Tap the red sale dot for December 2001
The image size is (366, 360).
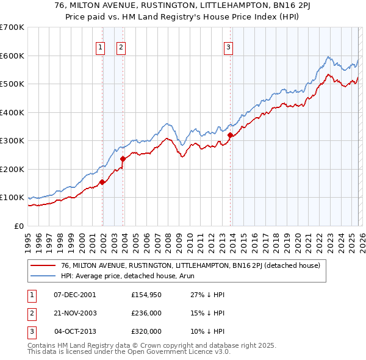[102, 182]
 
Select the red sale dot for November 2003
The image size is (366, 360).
[123, 159]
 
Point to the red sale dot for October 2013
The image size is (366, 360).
[230, 135]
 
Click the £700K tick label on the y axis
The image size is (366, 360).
[12, 27]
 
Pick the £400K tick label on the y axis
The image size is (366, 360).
[12, 112]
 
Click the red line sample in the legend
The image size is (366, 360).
[43, 265]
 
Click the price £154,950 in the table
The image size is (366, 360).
[146, 295]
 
